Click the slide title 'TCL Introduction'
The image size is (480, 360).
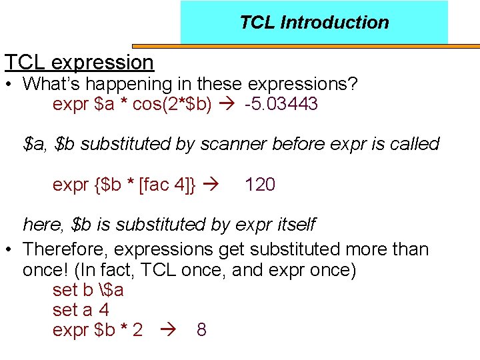[x=314, y=22]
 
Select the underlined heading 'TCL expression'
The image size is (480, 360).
[x=79, y=62]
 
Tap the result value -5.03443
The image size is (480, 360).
[x=281, y=105]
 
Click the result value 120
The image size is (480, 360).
[x=260, y=185]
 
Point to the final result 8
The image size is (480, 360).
[x=201, y=330]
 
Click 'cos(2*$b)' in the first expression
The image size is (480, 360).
[x=173, y=105]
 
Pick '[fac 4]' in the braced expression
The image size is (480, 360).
[x=167, y=185]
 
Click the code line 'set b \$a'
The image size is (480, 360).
[x=88, y=291]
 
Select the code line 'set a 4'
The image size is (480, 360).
[x=81, y=310]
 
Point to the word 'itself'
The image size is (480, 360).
[x=293, y=224]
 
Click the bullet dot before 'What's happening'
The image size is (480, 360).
[x=9, y=85]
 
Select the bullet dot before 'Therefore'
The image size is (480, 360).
[x=9, y=250]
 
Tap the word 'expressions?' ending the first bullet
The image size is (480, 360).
[x=303, y=85]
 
